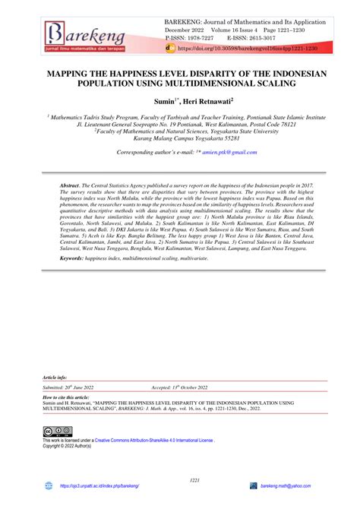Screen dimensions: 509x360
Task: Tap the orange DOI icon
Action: click(169, 47)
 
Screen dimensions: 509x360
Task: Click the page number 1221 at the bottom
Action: click(180, 479)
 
